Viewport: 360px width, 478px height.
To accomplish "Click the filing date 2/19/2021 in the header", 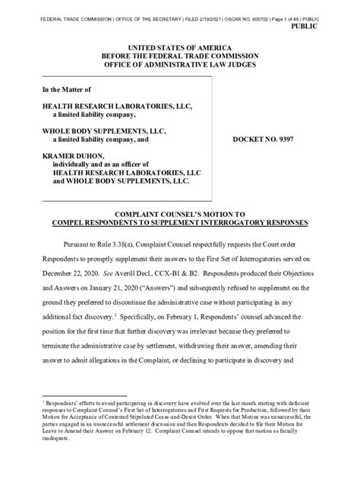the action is tap(203, 6).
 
